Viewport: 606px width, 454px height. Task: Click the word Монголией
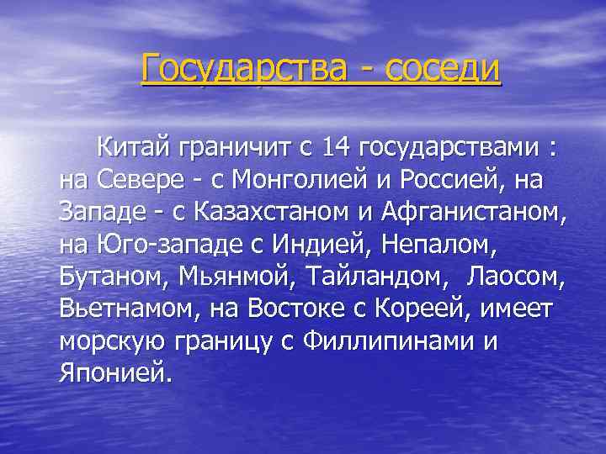pos(287,180)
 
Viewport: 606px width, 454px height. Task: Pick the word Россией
pos(444,180)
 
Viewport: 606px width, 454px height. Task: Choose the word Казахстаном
pos(278,212)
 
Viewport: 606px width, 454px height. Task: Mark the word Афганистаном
pos(476,212)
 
